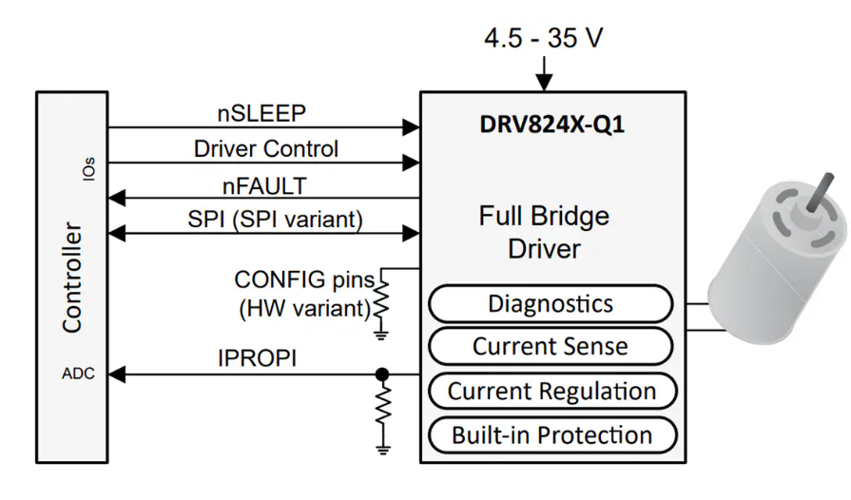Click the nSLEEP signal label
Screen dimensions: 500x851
(x=261, y=113)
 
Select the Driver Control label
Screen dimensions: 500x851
(x=265, y=149)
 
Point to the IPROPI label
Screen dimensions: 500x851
(x=257, y=359)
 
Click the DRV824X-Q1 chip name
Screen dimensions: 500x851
(x=552, y=125)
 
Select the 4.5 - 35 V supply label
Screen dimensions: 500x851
(x=543, y=39)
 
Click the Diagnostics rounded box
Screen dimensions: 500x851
(x=551, y=304)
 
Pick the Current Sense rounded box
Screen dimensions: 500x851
(x=551, y=347)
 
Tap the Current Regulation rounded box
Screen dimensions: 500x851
(x=551, y=392)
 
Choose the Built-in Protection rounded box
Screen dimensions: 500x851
(x=551, y=436)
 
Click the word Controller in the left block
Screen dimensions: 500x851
(x=72, y=278)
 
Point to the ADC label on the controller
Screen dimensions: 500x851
(x=78, y=374)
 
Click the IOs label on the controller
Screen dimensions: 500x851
(x=88, y=171)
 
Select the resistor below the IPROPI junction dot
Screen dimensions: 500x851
(x=382, y=408)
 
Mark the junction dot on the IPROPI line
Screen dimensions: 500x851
(x=382, y=374)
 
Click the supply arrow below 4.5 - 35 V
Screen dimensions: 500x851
(x=544, y=74)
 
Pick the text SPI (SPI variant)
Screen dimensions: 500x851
(x=275, y=220)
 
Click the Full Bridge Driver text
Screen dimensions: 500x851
(x=543, y=233)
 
